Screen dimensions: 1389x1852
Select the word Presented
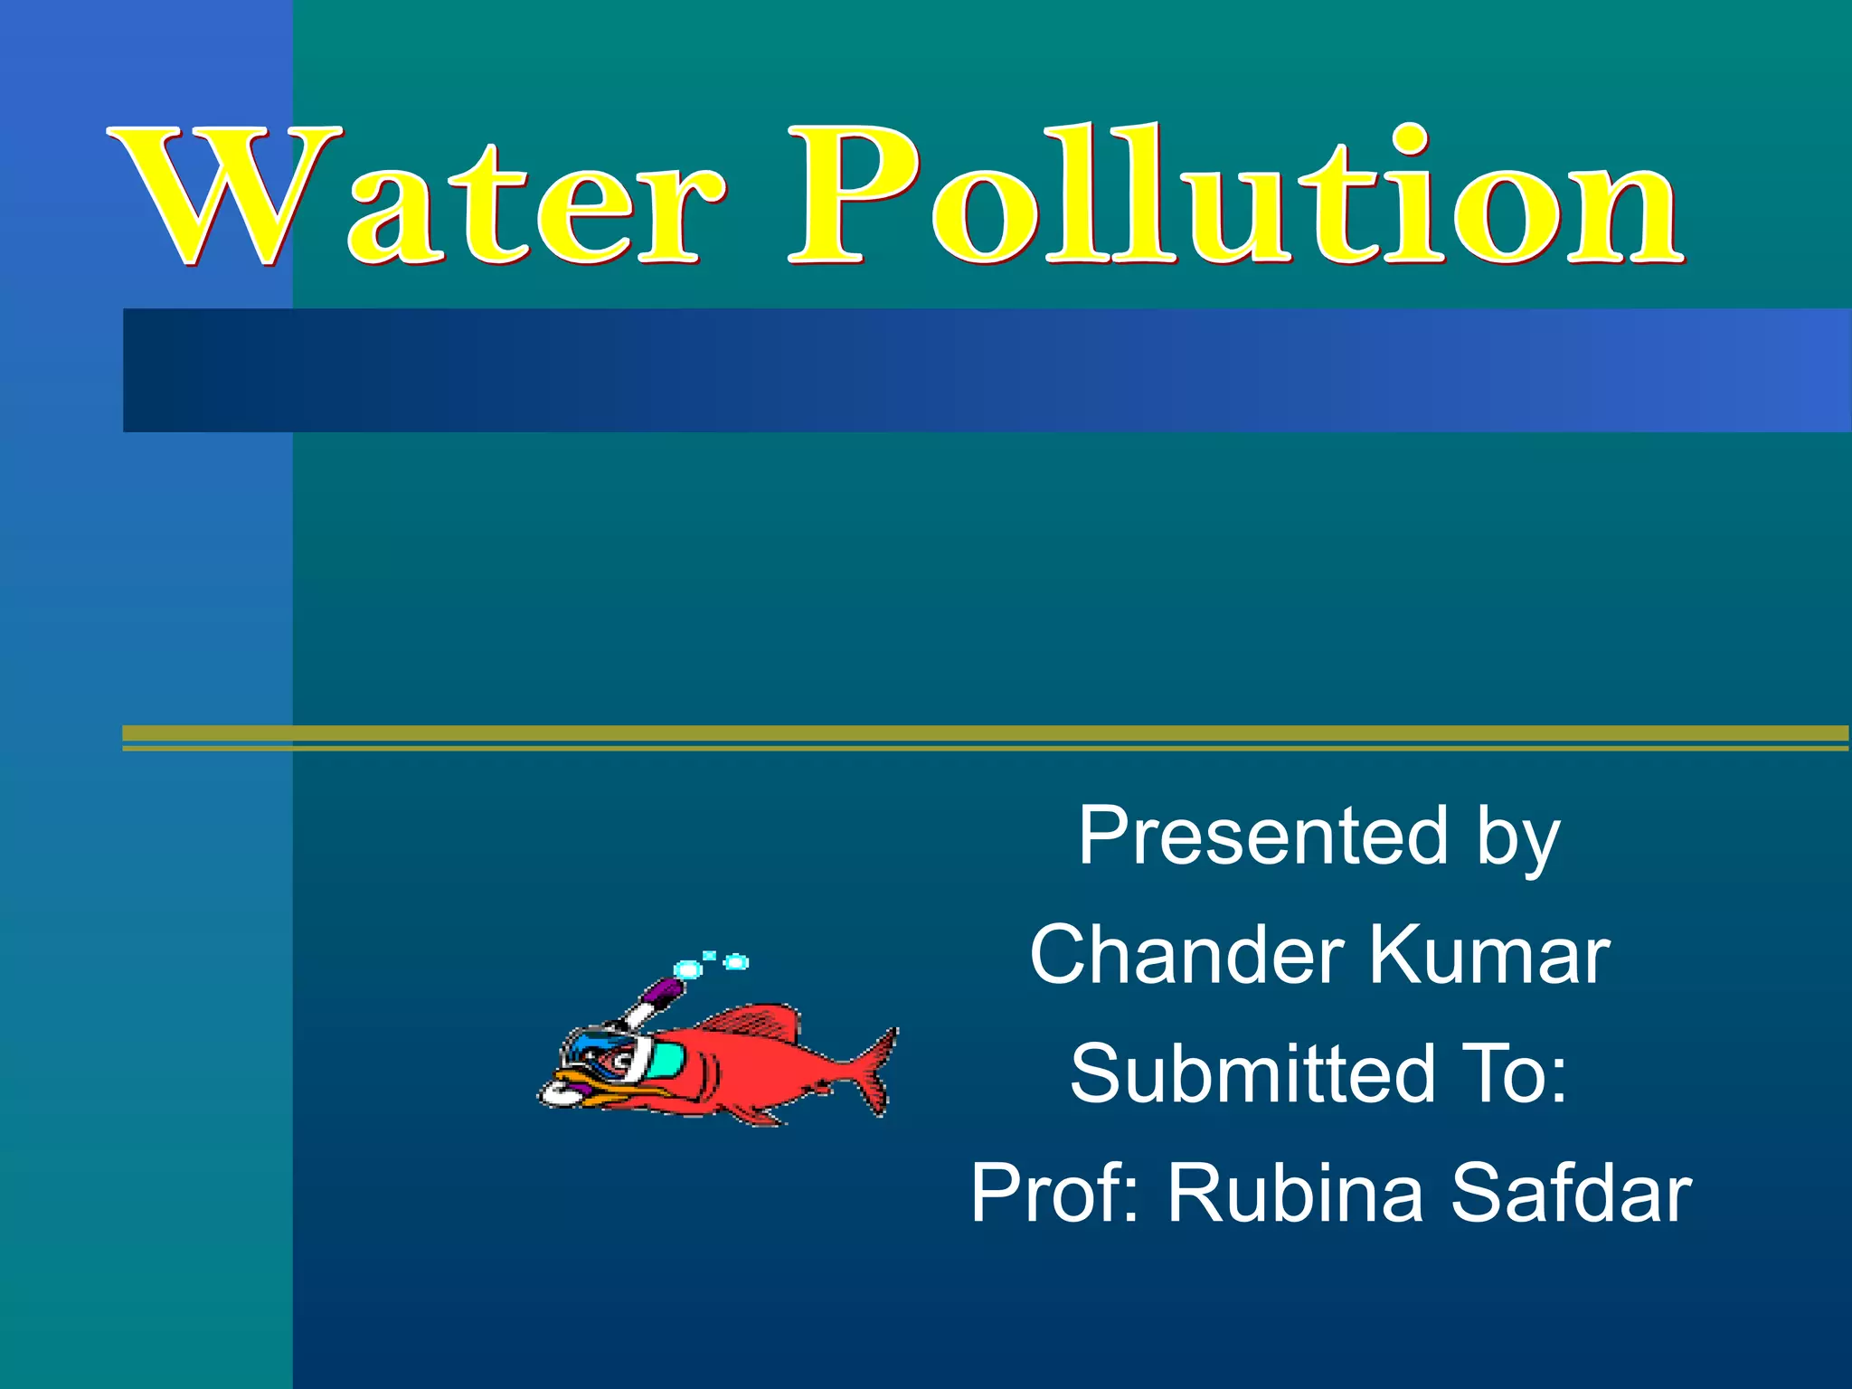click(x=1262, y=836)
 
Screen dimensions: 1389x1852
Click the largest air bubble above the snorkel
click(x=688, y=969)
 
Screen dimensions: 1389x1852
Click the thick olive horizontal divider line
click(x=986, y=733)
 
